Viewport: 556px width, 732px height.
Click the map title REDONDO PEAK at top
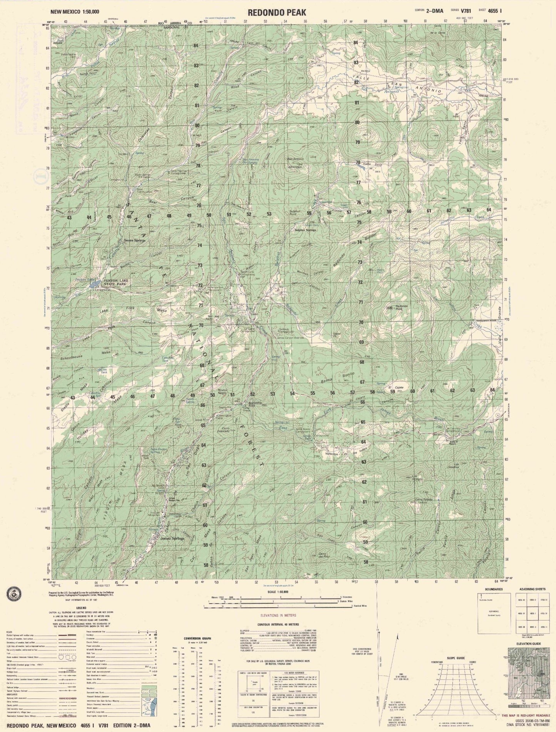pos(277,12)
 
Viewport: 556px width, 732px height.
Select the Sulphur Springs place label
pos(305,230)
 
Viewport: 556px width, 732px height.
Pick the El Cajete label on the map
pos(392,387)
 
